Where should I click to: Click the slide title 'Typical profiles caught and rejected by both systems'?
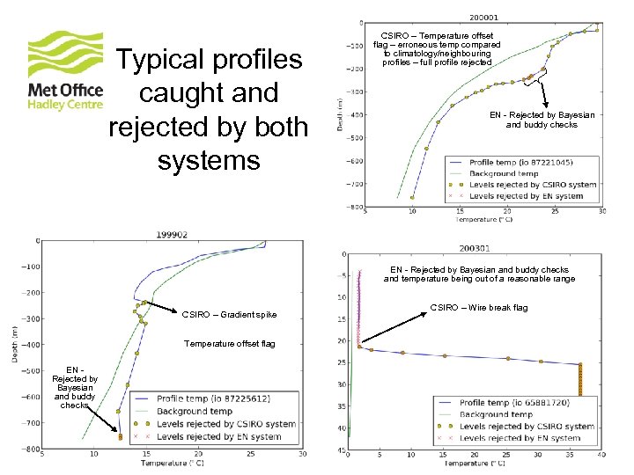tap(209, 110)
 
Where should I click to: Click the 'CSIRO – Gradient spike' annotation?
tap(229, 314)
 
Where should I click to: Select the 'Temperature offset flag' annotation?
tap(228, 344)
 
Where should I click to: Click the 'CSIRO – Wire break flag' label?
tap(479, 308)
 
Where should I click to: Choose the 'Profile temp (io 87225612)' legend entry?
tap(211, 398)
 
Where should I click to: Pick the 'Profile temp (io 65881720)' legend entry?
tap(514, 403)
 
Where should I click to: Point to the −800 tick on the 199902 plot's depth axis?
tap(30, 449)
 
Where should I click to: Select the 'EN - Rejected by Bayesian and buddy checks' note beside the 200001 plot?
tap(542, 120)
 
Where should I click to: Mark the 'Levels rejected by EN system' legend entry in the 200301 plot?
tap(520, 437)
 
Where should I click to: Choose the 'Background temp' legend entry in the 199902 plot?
tap(194, 411)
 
